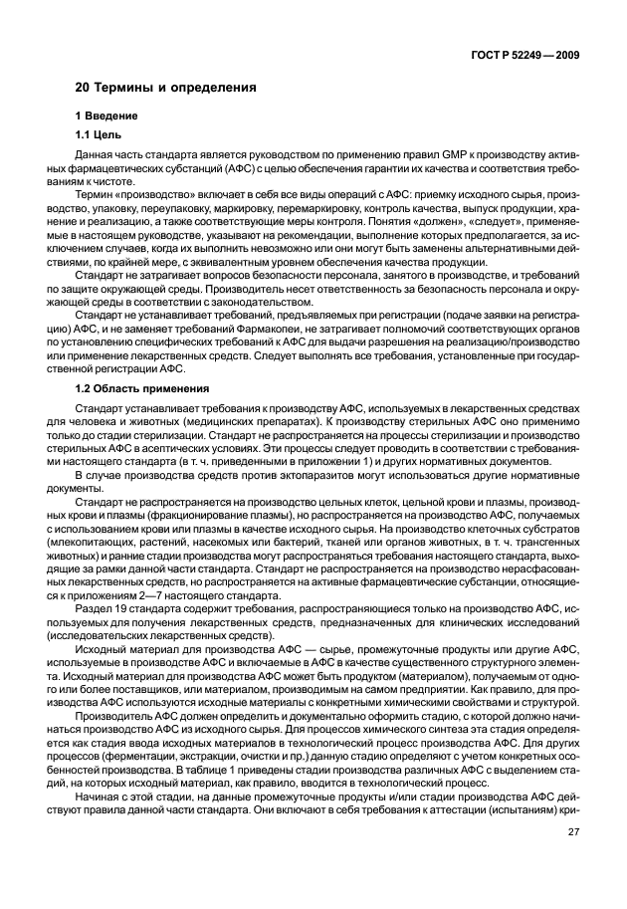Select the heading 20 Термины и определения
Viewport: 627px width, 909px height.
(166, 88)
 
